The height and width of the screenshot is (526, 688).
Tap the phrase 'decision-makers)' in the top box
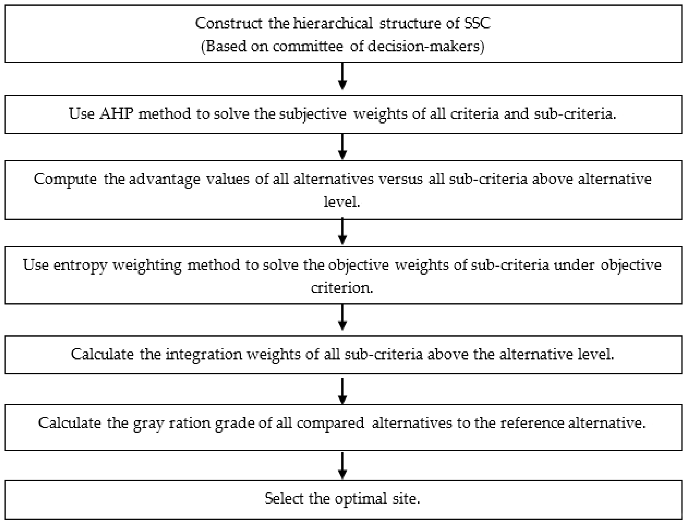(426, 47)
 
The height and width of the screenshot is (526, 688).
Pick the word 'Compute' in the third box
(65, 179)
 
